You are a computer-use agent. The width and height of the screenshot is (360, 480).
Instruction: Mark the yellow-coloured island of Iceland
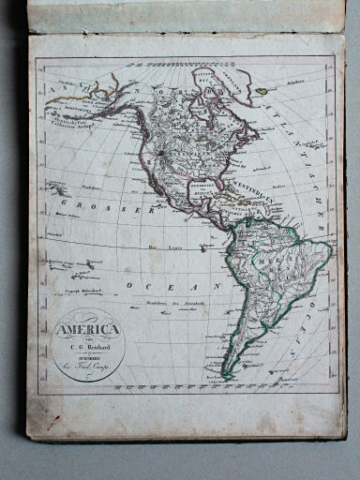click(x=263, y=91)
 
